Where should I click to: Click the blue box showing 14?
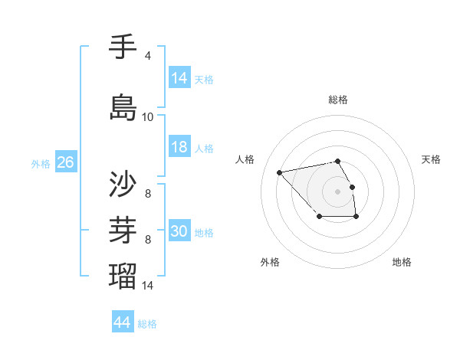pyautogui.click(x=179, y=78)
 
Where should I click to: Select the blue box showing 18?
pyautogui.click(x=179, y=147)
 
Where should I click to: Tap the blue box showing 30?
pyautogui.click(x=179, y=231)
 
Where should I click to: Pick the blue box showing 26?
pyautogui.click(x=65, y=162)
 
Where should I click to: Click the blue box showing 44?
pyautogui.click(x=123, y=322)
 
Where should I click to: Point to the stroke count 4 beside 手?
pyautogui.click(x=148, y=56)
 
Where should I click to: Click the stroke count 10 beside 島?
pyautogui.click(x=148, y=117)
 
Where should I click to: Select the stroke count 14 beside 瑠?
pyautogui.click(x=148, y=286)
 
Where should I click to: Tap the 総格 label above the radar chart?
pyautogui.click(x=338, y=100)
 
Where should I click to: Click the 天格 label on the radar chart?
pyautogui.click(x=431, y=159)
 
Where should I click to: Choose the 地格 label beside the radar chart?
pyautogui.click(x=402, y=262)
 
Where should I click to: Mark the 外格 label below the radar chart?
pyautogui.click(x=270, y=262)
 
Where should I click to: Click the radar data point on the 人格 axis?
pyautogui.click(x=280, y=172)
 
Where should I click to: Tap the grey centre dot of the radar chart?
pyautogui.click(x=338, y=191)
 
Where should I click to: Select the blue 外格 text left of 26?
pyautogui.click(x=41, y=163)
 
